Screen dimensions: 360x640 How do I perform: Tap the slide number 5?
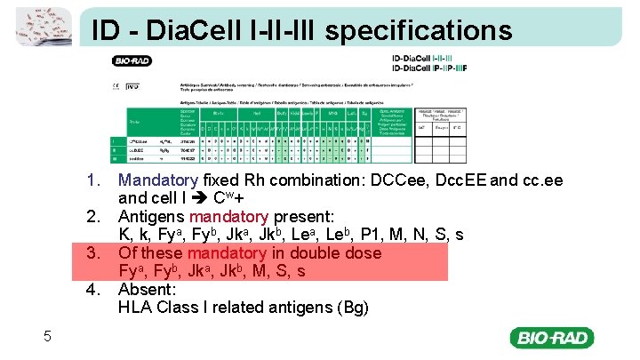[x=48, y=335]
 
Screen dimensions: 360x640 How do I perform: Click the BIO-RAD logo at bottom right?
[x=551, y=338]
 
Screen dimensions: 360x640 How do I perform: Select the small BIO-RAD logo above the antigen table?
[x=132, y=61]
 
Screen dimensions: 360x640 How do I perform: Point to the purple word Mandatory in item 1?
[x=158, y=180]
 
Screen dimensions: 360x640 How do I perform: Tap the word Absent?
[x=148, y=289]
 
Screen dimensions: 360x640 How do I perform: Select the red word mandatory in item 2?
[x=228, y=217]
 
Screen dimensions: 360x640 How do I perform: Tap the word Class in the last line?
[x=183, y=308]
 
